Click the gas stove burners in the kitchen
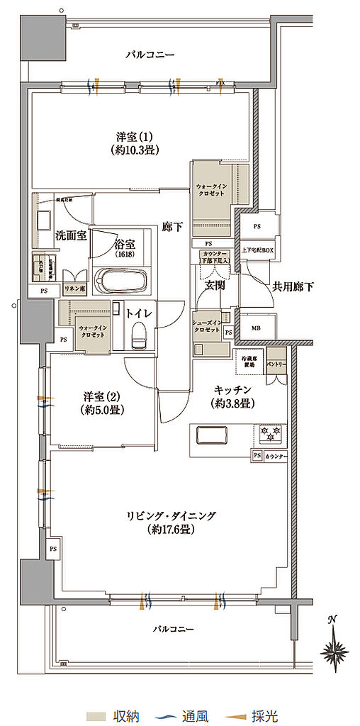269,431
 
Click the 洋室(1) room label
133,143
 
